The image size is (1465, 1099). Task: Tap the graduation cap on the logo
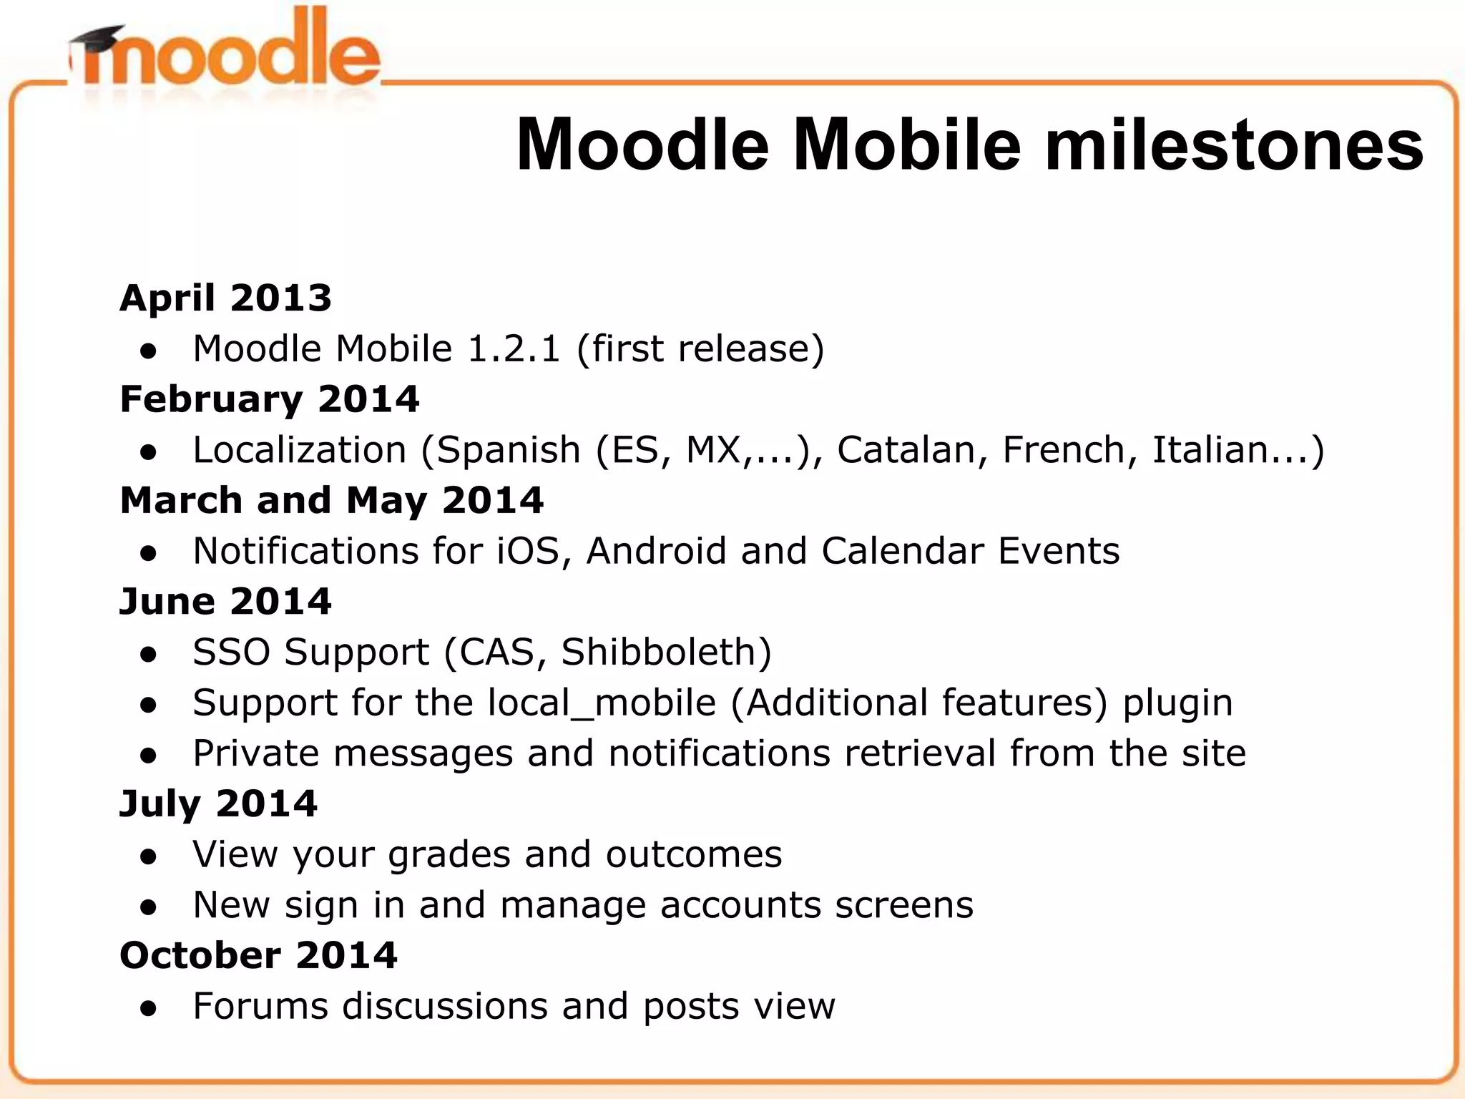[x=97, y=39]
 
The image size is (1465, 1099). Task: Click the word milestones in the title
[x=1233, y=146]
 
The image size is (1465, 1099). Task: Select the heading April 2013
[x=226, y=298]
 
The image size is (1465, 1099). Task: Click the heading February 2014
[x=270, y=399]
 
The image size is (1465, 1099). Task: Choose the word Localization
[x=300, y=450]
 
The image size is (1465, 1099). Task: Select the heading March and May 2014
[x=332, y=500]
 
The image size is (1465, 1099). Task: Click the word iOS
[x=528, y=551]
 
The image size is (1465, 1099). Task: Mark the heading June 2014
[x=225, y=601]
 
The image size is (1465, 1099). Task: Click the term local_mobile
[x=602, y=703]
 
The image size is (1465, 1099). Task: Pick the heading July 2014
[x=218, y=804]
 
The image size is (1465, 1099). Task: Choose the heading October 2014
[x=258, y=955]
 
